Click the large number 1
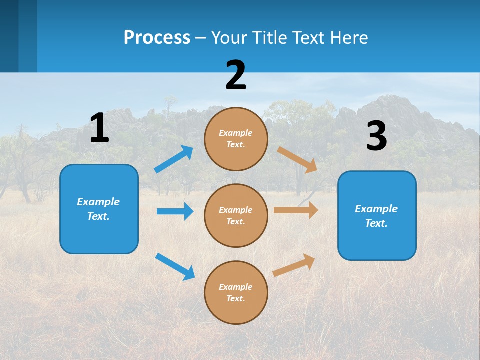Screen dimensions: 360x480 (x=99, y=128)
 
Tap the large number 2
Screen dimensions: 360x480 (x=236, y=76)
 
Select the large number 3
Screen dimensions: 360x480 (x=376, y=136)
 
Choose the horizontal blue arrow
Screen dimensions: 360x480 (x=175, y=211)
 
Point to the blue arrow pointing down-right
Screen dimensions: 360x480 (x=175, y=266)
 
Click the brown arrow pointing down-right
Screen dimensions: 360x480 (x=297, y=159)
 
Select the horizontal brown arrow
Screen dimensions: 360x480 (x=296, y=210)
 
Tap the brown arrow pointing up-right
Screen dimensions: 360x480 (x=294, y=265)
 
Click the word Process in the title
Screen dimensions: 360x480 (x=157, y=37)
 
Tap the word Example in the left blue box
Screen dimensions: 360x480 (x=98, y=202)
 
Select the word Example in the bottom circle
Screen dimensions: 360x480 (x=235, y=287)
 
